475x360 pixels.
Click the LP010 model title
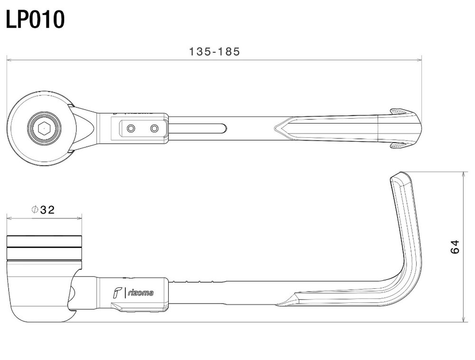[35, 19]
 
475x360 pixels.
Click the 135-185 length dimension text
[215, 51]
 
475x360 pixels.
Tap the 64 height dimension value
[455, 246]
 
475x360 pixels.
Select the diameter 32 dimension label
[43, 209]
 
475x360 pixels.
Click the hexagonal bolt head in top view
[44, 128]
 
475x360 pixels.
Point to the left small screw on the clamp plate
[131, 128]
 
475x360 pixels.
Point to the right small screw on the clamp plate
[154, 128]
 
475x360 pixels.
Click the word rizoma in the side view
[141, 293]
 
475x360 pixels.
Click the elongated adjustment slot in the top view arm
[197, 128]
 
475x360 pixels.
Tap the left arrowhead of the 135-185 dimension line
[9, 60]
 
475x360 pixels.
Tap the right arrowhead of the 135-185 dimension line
[419, 60]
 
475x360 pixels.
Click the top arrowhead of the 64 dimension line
[464, 174]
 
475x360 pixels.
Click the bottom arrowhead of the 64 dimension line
[464, 319]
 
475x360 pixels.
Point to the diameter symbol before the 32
[35, 209]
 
